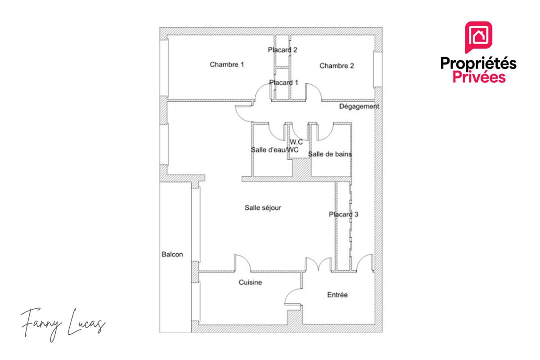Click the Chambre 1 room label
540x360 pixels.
[x=227, y=64]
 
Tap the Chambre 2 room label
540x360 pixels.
[x=337, y=66]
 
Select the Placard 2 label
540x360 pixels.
[x=282, y=50]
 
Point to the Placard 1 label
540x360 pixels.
[x=283, y=82]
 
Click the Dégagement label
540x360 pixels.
[x=359, y=106]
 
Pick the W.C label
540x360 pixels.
[x=296, y=142]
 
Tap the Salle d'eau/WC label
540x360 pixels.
[x=274, y=150]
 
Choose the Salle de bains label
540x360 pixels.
[x=330, y=154]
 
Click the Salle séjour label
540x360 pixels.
[x=262, y=207]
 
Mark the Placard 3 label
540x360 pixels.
[x=343, y=214]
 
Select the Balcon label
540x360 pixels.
[x=172, y=254]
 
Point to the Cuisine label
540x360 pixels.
[x=250, y=282]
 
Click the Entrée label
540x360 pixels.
[x=337, y=295]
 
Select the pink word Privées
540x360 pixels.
[x=479, y=77]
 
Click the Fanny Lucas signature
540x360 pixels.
[x=63, y=324]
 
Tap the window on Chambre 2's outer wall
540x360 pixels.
[x=378, y=69]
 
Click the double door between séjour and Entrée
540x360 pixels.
[x=318, y=265]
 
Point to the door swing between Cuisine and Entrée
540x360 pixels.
[x=293, y=298]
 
